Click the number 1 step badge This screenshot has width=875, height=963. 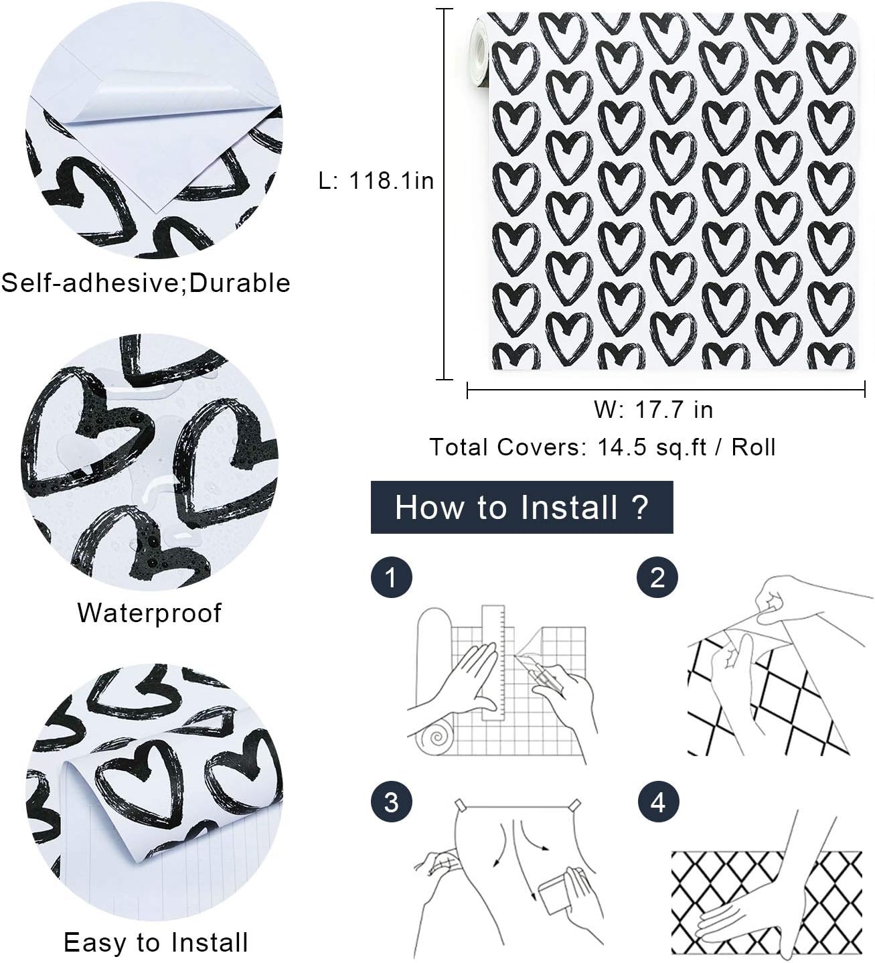[x=391, y=577]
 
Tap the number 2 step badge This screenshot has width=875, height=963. [x=657, y=577]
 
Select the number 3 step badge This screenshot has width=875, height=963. [x=391, y=802]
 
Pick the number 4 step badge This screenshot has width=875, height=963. [x=658, y=802]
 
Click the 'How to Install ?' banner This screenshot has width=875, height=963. [x=522, y=507]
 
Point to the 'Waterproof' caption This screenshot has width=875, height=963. [x=149, y=613]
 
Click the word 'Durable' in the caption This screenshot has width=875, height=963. [x=240, y=283]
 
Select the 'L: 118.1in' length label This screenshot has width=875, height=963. [x=376, y=181]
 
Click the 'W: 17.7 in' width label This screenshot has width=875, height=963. [x=653, y=409]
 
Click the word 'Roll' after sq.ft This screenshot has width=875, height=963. [x=754, y=447]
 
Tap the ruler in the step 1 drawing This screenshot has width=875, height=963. [x=494, y=663]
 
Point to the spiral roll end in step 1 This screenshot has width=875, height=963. [x=436, y=737]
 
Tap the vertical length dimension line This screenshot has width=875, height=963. [x=445, y=194]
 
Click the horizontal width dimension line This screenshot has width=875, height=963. [x=665, y=389]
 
